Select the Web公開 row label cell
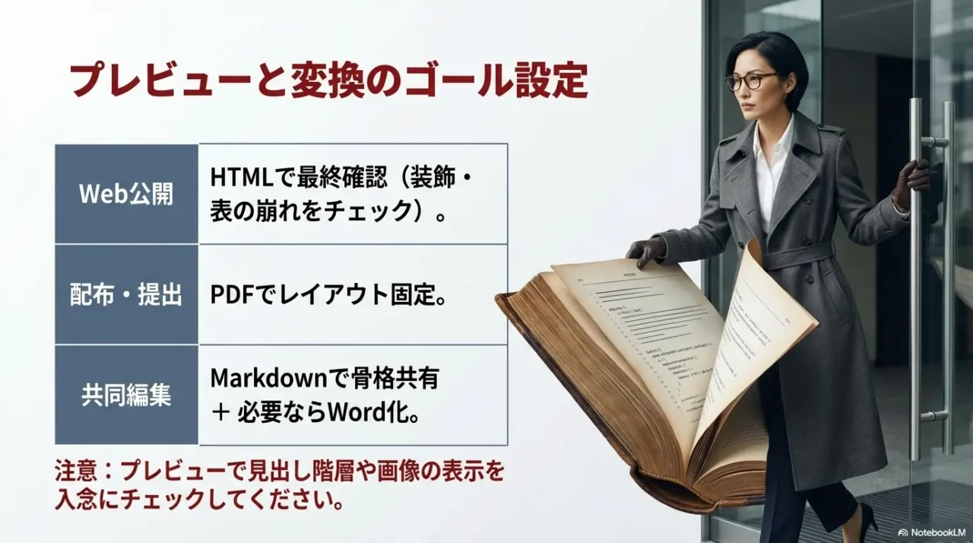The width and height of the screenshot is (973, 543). tap(126, 194)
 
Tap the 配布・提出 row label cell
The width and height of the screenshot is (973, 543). tap(126, 295)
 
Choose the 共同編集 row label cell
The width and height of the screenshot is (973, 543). tap(126, 395)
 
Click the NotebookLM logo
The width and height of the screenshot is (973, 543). tap(933, 532)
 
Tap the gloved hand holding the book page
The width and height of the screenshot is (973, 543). tap(645, 251)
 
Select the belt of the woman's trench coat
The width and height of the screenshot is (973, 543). tap(798, 254)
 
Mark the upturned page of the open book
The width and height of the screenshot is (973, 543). tap(760, 335)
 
